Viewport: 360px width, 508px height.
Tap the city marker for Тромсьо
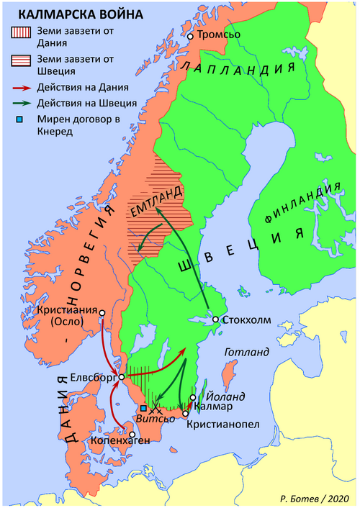click(190, 36)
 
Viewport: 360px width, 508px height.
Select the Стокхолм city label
click(249, 320)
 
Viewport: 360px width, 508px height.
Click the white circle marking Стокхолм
click(215, 319)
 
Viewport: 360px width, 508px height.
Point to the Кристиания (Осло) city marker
click(103, 313)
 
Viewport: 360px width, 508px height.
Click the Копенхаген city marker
click(131, 434)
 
